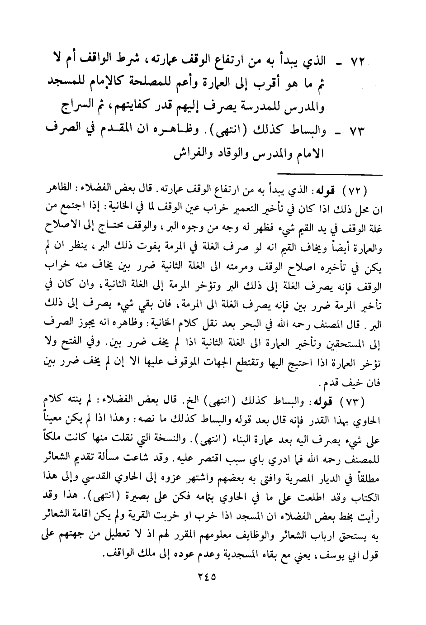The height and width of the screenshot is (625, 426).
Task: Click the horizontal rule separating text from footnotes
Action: click(330, 174)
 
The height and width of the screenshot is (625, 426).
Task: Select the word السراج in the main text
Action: click(77, 107)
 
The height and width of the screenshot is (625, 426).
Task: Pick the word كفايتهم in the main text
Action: click(138, 107)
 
